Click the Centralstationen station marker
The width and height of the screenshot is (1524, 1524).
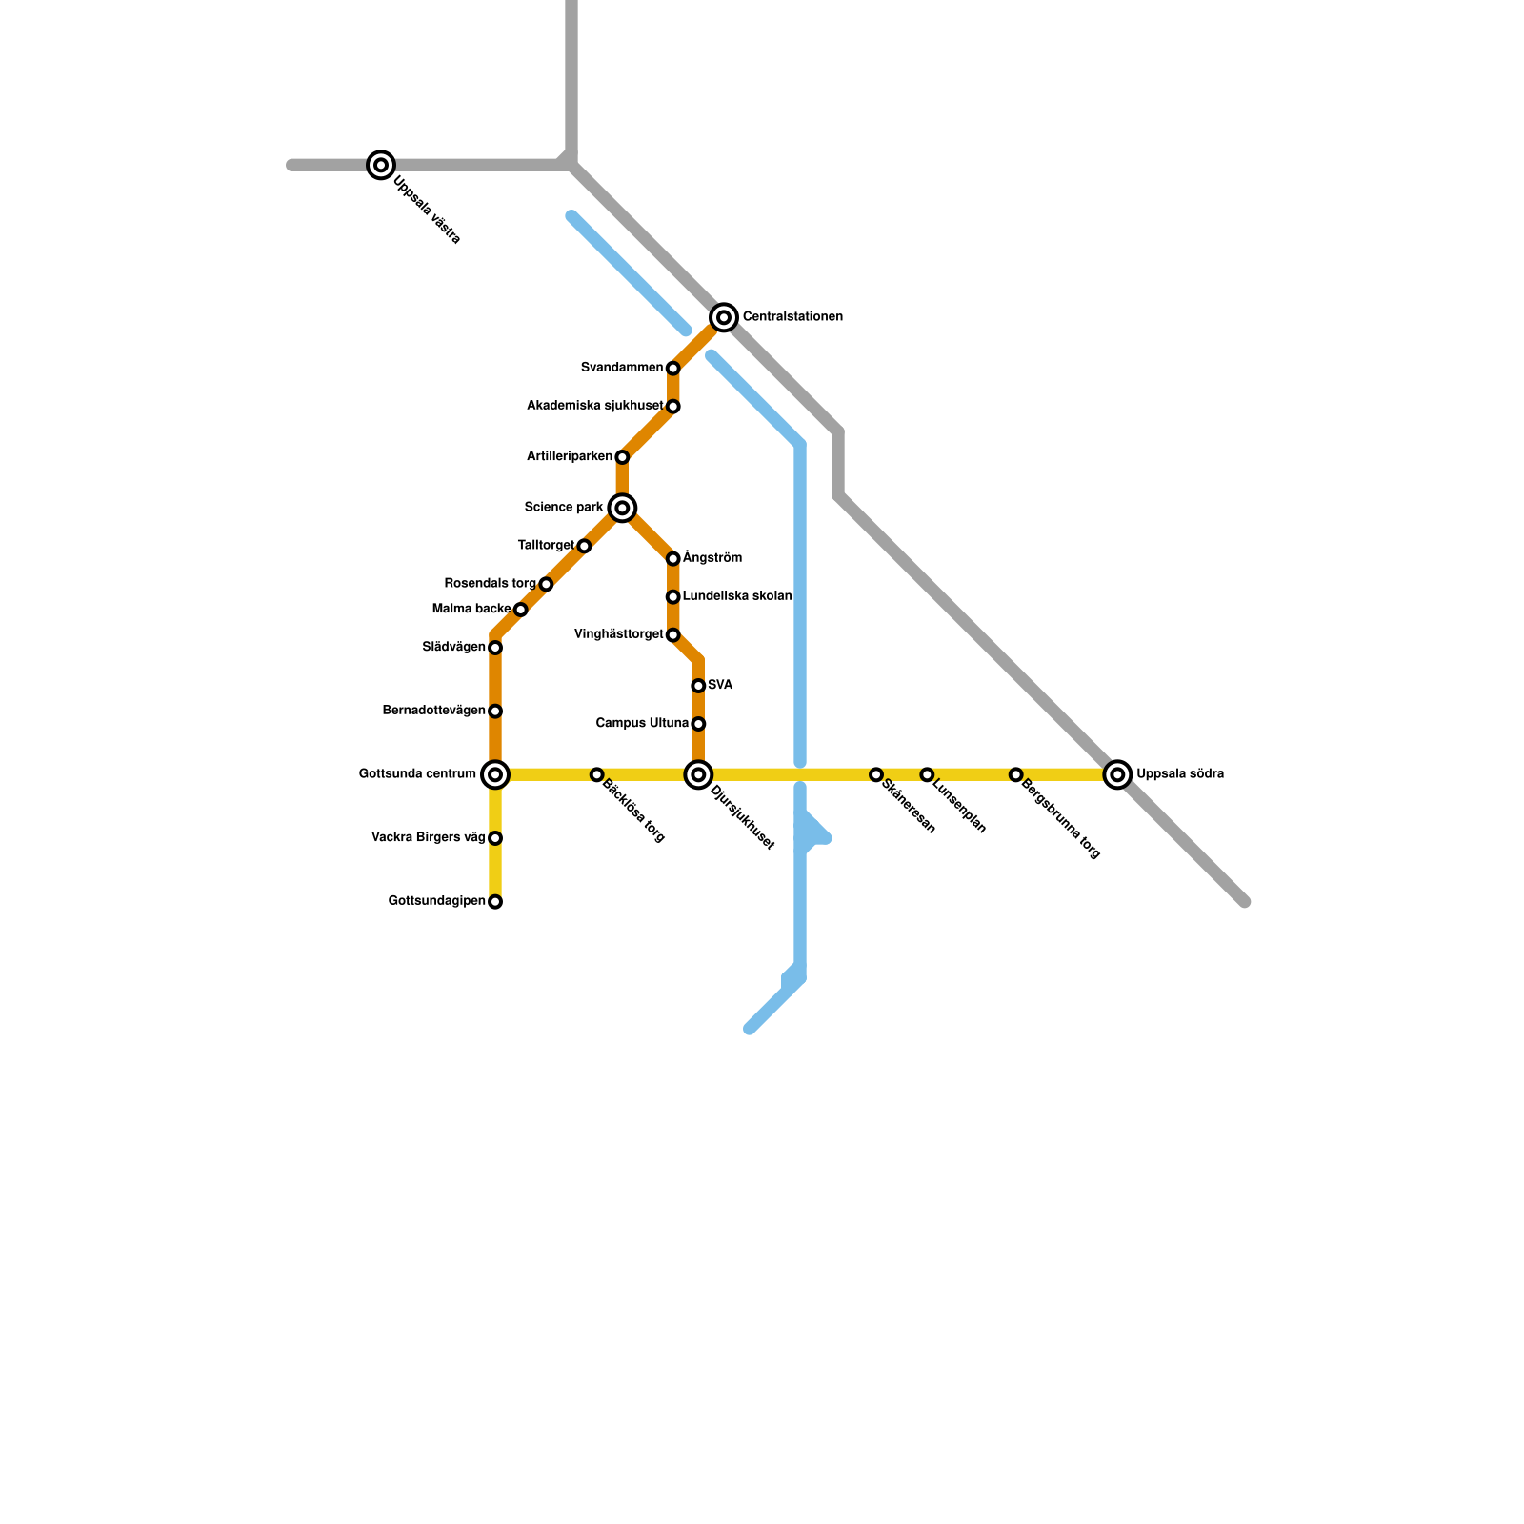(724, 317)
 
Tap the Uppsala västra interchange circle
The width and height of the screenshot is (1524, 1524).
(381, 165)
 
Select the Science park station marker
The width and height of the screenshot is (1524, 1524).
(622, 508)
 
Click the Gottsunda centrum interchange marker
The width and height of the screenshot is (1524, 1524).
(495, 774)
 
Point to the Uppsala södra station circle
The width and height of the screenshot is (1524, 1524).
(1117, 774)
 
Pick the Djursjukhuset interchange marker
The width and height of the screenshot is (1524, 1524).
(698, 774)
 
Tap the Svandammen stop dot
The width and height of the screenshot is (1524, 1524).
(672, 369)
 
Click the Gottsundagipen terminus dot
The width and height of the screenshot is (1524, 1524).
(495, 902)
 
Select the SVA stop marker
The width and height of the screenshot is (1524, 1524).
(698, 686)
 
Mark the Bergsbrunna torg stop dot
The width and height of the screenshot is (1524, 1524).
(1016, 774)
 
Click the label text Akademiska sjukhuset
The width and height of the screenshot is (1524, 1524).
(594, 406)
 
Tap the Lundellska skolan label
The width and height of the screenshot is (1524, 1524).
(736, 596)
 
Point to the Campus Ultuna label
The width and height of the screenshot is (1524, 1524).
(642, 724)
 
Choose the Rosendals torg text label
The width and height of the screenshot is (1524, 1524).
(490, 583)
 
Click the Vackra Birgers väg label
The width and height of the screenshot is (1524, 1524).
(428, 838)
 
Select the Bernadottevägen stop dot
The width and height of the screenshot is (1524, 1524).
(495, 712)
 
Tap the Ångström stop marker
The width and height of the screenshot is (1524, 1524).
(672, 559)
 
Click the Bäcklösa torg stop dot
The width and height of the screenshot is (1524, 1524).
(596, 774)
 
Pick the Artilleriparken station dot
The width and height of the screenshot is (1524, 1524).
(622, 457)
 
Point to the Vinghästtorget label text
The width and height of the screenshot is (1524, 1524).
(618, 634)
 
